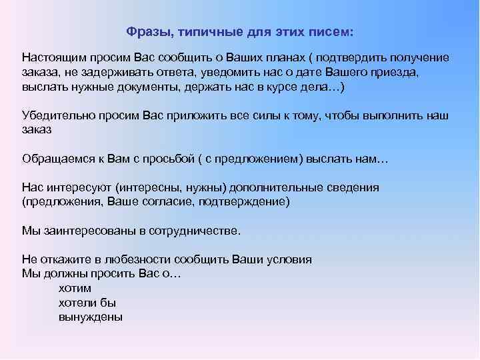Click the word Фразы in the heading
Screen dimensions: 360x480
click(x=144, y=32)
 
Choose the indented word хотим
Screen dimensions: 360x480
click(x=75, y=289)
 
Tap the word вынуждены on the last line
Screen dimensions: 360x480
click(x=91, y=317)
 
